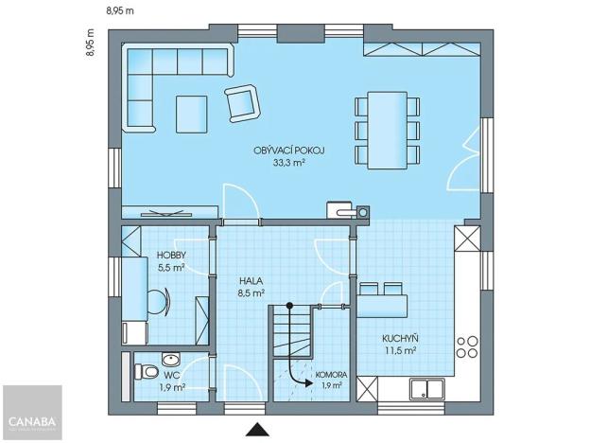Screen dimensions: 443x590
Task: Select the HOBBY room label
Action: click(x=171, y=256)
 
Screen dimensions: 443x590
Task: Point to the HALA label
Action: click(x=251, y=281)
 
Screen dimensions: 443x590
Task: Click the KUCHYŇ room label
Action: click(x=400, y=339)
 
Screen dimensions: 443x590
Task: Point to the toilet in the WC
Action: click(x=146, y=370)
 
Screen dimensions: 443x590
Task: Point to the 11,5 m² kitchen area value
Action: click(x=400, y=351)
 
